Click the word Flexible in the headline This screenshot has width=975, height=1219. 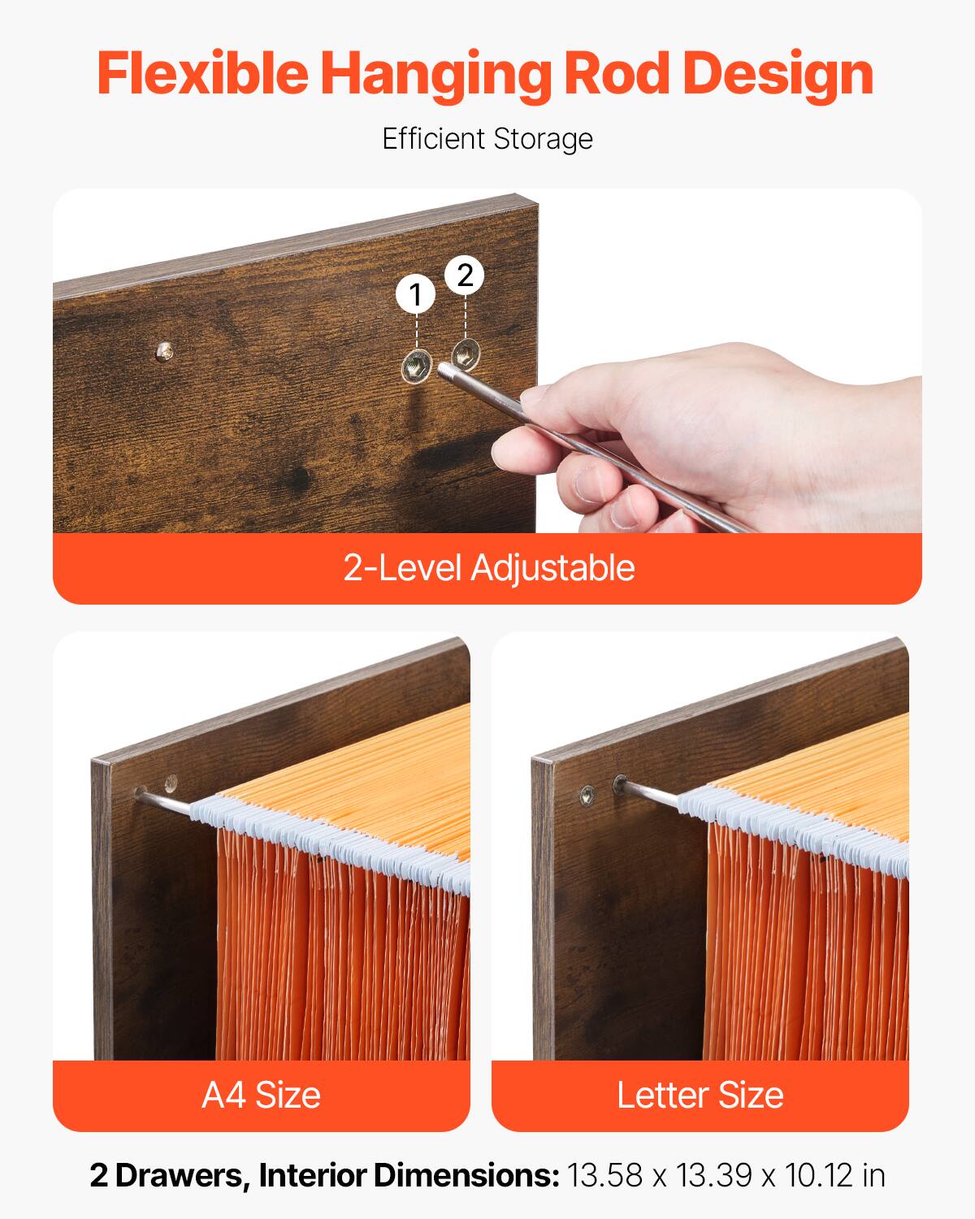[x=203, y=74]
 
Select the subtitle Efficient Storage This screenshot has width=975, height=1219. [x=487, y=139]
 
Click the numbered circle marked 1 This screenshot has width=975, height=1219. [x=416, y=294]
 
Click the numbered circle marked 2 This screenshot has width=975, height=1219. [x=465, y=276]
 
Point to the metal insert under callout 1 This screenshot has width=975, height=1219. [x=416, y=368]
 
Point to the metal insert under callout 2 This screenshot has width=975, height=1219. [x=466, y=353]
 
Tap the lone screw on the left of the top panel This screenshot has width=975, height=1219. [x=166, y=351]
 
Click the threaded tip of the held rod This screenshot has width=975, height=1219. [x=447, y=372]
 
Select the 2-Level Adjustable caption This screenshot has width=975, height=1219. [x=487, y=567]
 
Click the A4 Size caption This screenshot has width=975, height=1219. [x=261, y=1095]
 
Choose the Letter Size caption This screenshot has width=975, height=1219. [x=700, y=1095]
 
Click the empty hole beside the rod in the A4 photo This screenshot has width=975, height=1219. [x=170, y=784]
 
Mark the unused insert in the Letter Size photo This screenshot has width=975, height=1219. [x=587, y=792]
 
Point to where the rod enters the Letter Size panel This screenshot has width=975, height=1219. [x=621, y=784]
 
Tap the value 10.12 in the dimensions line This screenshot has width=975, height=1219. [x=812, y=1175]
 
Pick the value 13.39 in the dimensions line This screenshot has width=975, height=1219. [x=708, y=1175]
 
